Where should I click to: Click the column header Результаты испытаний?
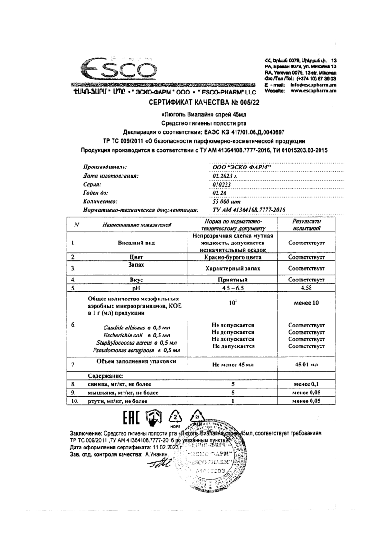click(x=306, y=225)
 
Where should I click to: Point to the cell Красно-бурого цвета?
click(x=233, y=257)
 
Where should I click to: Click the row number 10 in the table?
click(x=74, y=401)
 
